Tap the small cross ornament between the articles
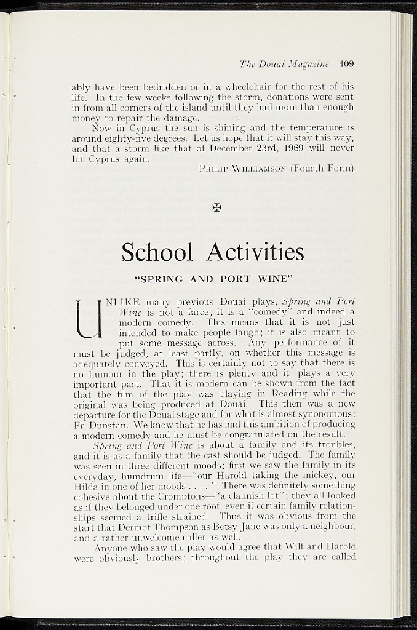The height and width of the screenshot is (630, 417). (x=216, y=207)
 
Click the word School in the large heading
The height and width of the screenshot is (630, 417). (x=157, y=252)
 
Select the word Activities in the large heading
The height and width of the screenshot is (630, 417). (x=255, y=252)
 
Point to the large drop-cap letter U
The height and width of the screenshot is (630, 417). (x=87, y=319)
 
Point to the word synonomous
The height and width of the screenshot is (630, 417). (x=327, y=414)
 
